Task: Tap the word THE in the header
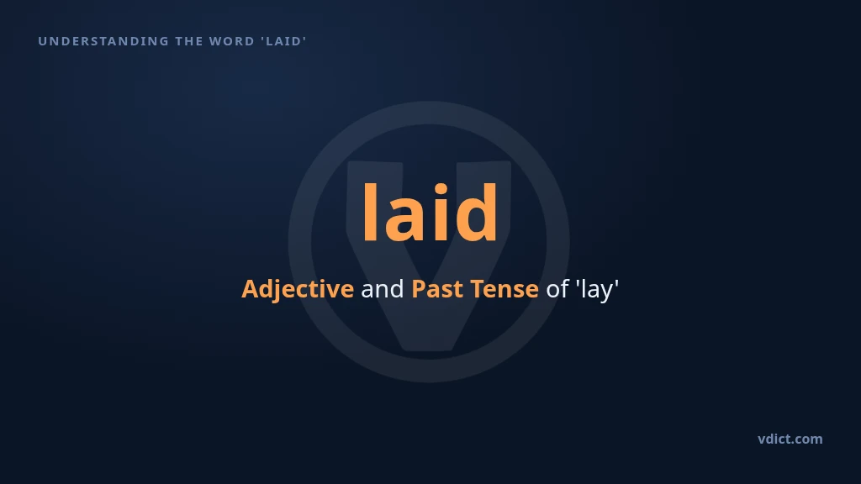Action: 188,41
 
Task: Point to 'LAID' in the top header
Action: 283,41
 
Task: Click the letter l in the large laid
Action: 370,212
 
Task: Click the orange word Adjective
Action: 298,289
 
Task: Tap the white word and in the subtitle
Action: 383,289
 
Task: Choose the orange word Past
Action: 437,289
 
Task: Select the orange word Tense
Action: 504,289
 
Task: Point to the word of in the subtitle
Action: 557,289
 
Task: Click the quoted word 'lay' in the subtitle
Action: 597,289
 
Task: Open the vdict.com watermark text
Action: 790,439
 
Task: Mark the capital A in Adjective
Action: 251,289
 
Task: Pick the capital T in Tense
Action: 478,289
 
